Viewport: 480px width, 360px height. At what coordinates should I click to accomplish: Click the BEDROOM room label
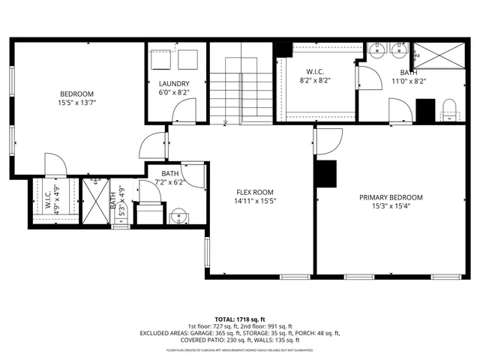point(76,94)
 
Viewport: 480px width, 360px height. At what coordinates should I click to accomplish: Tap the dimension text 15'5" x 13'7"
point(76,103)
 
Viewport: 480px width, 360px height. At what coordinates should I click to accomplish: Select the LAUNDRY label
point(174,84)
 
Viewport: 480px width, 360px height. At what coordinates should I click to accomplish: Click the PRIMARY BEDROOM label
point(390,197)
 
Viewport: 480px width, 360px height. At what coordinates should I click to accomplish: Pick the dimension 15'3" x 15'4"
point(390,207)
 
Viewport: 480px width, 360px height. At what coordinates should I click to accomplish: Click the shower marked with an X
point(95,199)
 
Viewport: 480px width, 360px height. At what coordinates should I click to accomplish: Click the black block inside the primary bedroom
point(326,174)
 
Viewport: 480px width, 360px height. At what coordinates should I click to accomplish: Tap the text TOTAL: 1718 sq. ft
point(239,319)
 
